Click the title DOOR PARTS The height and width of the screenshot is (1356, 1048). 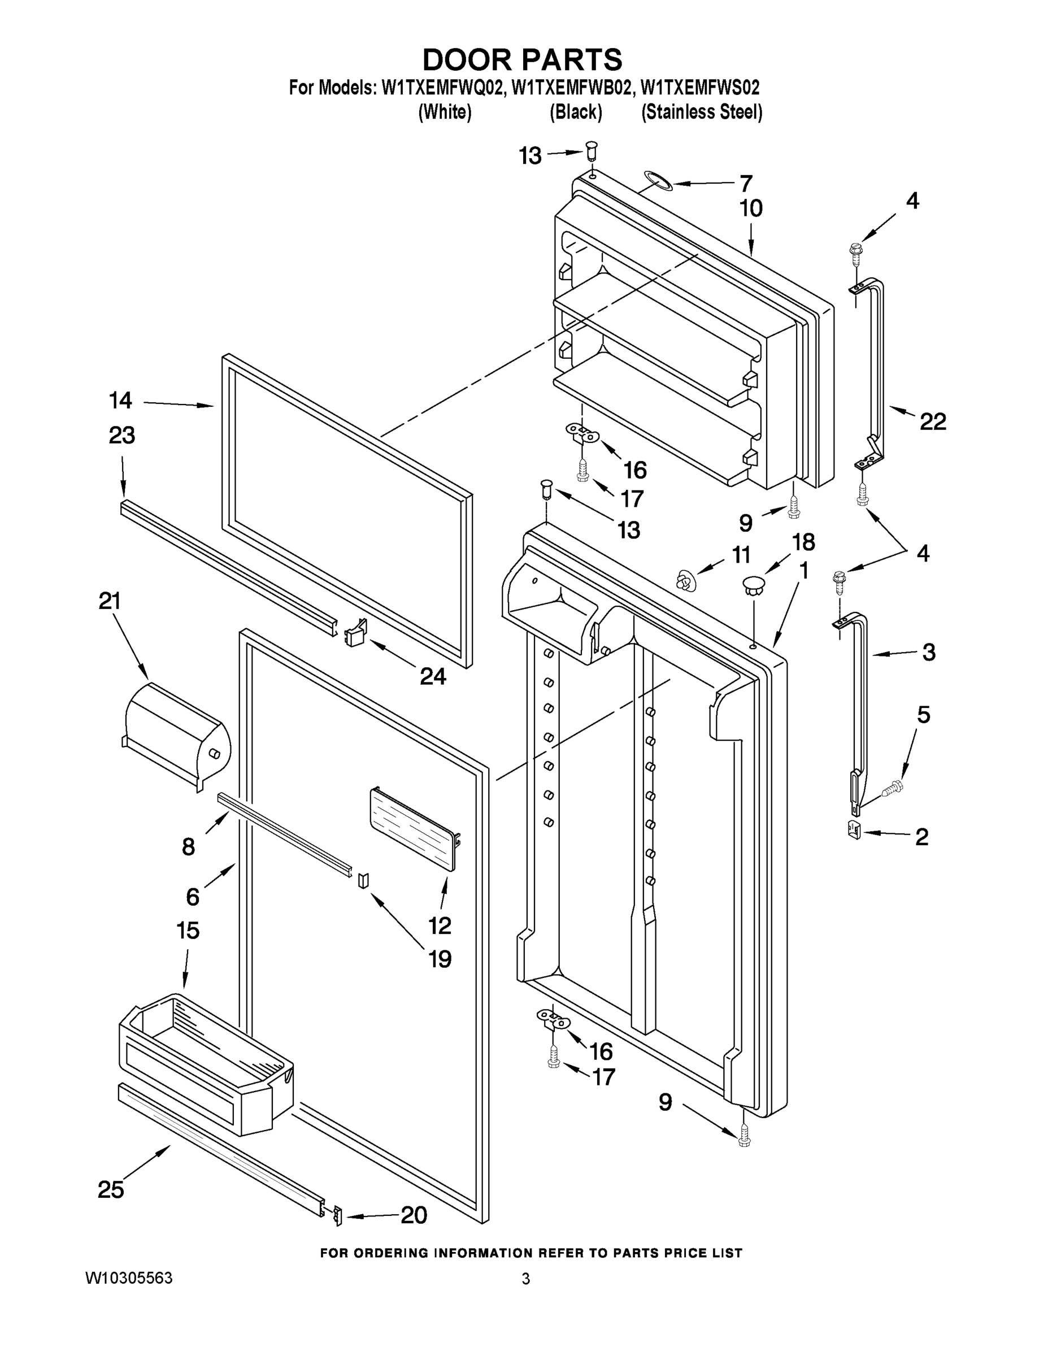522,60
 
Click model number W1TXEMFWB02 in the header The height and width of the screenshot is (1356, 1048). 572,88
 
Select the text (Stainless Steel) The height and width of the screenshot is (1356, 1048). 702,112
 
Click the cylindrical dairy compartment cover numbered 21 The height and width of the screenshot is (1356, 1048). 177,735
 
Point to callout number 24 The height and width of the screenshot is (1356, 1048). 433,676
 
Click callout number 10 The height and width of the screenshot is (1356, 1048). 751,208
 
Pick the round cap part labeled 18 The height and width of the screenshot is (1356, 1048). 753,584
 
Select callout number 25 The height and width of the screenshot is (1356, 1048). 111,1189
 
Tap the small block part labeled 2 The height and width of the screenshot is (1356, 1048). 854,829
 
